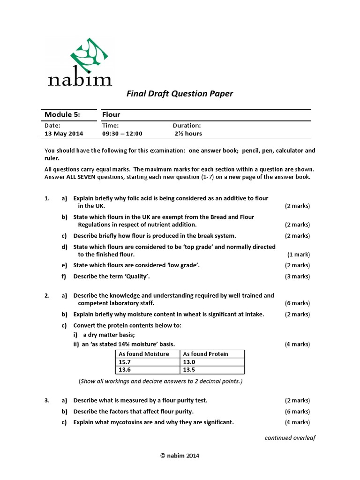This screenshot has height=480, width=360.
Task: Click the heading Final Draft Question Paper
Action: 180,94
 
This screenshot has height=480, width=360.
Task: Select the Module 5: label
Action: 62,115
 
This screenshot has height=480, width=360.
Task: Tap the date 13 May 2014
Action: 64,134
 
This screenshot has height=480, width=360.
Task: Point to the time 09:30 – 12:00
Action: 122,134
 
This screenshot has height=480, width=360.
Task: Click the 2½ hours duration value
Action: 188,134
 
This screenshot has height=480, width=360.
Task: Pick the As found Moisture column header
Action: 144,354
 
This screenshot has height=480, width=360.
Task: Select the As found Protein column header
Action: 205,354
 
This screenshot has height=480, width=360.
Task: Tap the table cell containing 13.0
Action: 188,362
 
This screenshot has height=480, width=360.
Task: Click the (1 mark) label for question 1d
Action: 299,255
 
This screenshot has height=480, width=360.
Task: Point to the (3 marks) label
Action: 297,277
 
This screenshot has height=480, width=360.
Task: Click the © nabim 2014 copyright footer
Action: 180,455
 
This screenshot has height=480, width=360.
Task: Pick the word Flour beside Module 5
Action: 111,115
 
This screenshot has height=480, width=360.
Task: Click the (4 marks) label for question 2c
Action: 297,345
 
